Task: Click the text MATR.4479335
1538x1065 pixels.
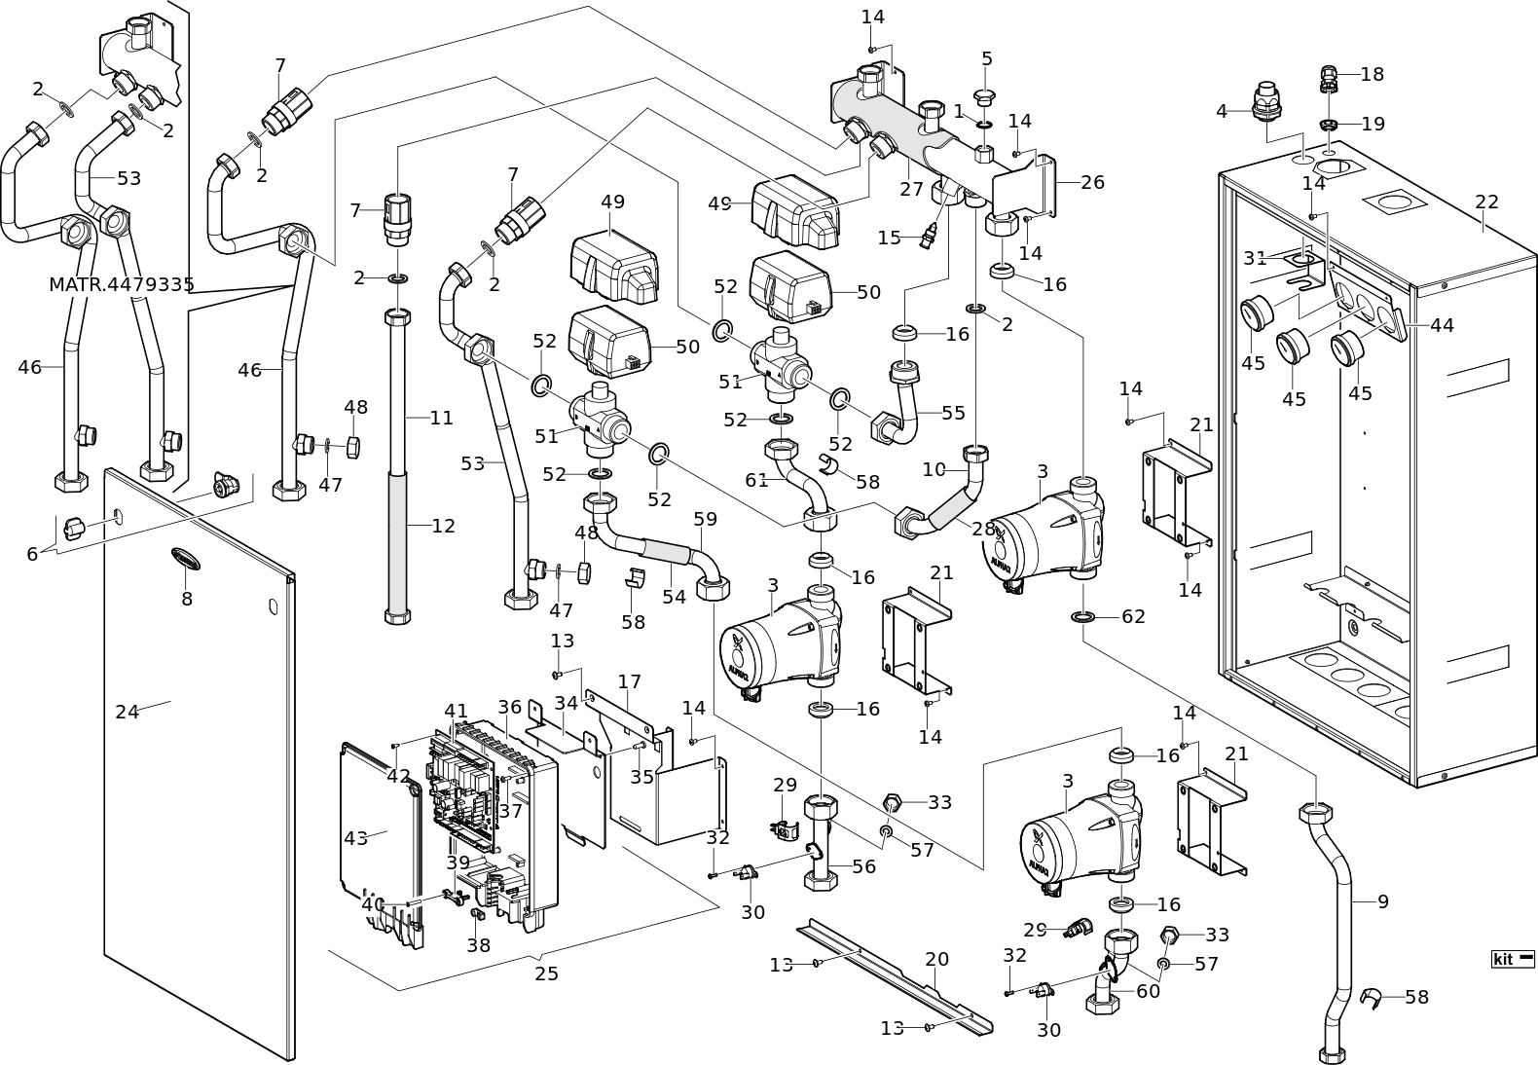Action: [122, 285]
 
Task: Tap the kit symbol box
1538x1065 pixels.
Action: [1513, 959]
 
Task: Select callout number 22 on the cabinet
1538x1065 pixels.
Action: [1486, 202]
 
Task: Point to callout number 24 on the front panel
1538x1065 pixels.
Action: [128, 712]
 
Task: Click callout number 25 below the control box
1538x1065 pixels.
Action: [546, 973]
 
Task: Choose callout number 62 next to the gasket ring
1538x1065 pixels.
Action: [1133, 616]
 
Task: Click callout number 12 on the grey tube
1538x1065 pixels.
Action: [443, 526]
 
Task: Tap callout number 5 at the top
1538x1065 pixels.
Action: [986, 58]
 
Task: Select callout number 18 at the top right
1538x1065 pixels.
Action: [1372, 74]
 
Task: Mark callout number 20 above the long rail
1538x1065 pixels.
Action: [936, 959]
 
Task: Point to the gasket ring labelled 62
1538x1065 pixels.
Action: [1082, 616]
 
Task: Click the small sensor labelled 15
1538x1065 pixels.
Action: [931, 234]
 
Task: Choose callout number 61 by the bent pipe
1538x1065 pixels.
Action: [757, 479]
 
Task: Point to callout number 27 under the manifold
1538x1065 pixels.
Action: [911, 189]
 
